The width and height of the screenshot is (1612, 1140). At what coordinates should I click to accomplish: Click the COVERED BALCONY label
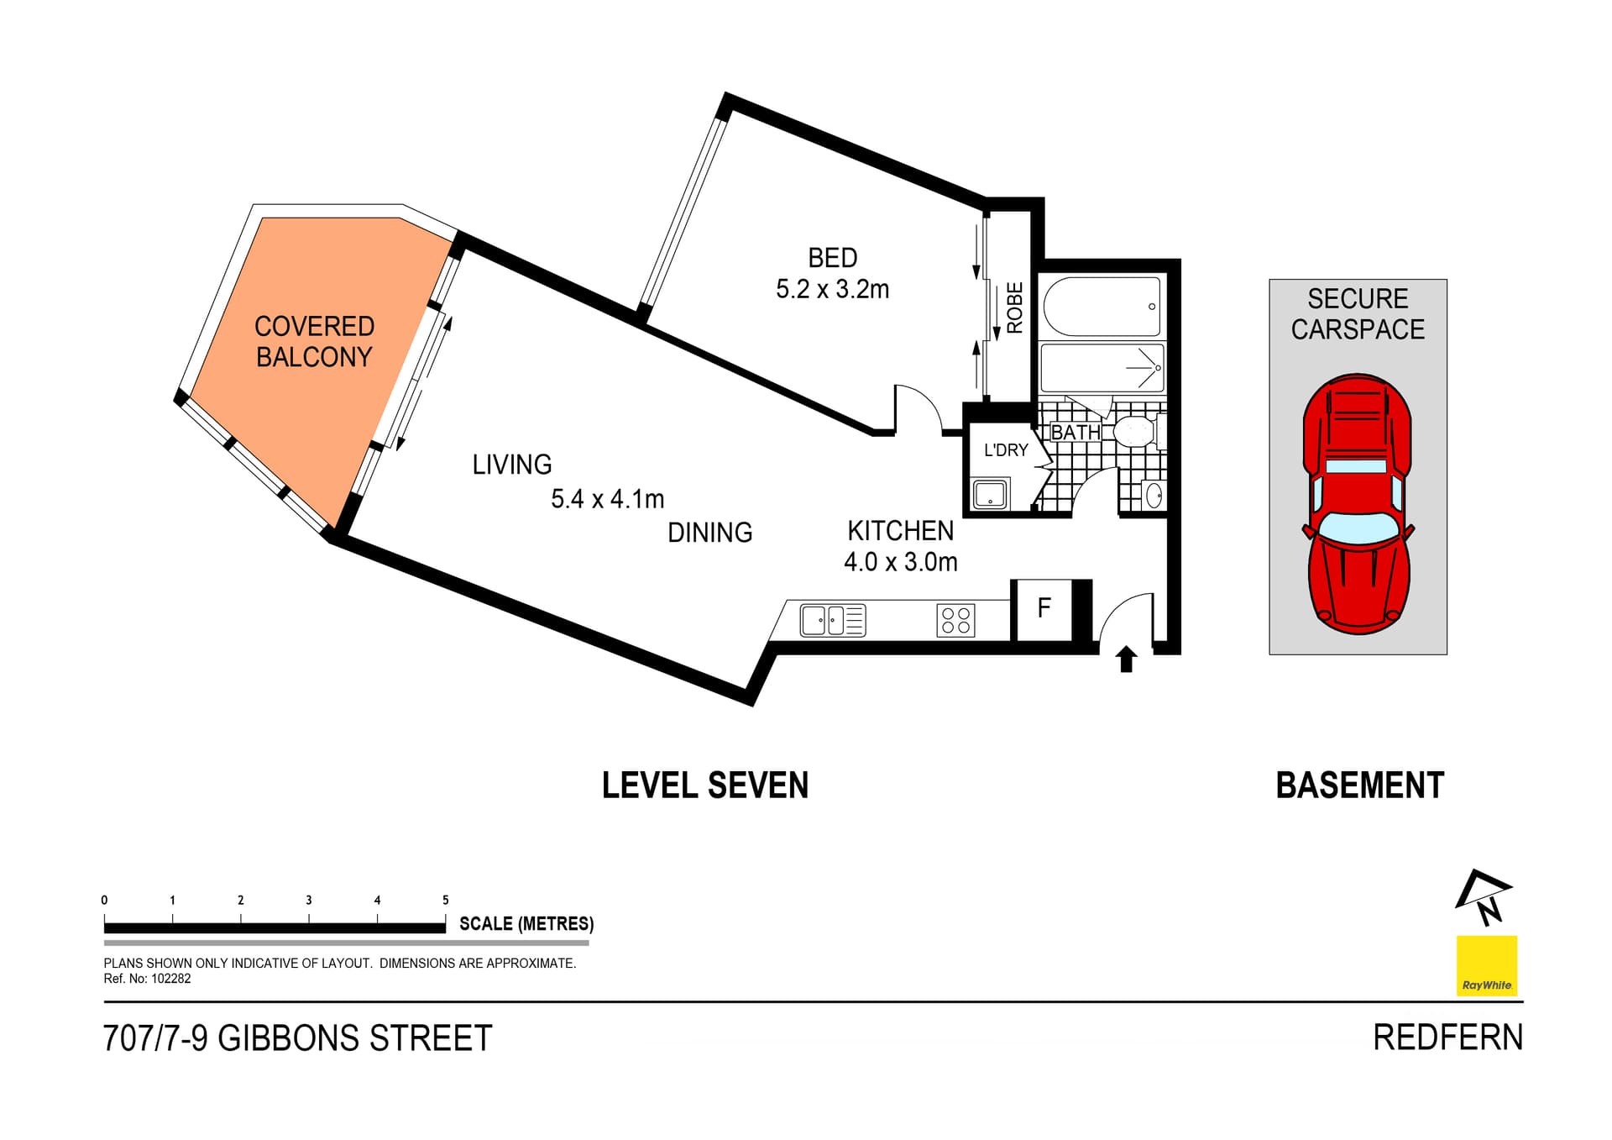314,341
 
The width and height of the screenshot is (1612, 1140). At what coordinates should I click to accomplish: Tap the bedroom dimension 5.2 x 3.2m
832,289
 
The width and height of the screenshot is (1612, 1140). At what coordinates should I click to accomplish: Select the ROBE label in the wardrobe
1014,307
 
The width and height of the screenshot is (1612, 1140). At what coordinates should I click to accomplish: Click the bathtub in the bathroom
1102,307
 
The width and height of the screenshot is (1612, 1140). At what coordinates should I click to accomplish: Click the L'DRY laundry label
1005,450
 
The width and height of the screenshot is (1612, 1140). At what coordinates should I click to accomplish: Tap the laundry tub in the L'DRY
990,494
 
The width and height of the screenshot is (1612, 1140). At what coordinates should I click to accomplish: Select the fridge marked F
1044,607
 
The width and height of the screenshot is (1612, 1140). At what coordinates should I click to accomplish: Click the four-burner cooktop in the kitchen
955,621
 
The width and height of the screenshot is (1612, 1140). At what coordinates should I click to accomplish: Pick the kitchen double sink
832,621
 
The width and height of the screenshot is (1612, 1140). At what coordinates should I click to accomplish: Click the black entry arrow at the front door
1127,659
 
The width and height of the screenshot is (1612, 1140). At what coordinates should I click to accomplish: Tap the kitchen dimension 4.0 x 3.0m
900,562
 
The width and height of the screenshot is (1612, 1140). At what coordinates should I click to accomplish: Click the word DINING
709,533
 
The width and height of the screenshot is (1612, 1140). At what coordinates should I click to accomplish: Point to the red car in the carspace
1358,504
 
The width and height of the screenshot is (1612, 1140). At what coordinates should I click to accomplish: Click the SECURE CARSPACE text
1358,314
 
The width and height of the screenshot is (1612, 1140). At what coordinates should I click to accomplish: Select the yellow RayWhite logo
1486,965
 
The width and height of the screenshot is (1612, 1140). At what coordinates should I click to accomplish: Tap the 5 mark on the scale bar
445,900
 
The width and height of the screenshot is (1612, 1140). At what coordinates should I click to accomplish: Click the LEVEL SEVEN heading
705,785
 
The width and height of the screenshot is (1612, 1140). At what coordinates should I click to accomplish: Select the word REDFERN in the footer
1447,1038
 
